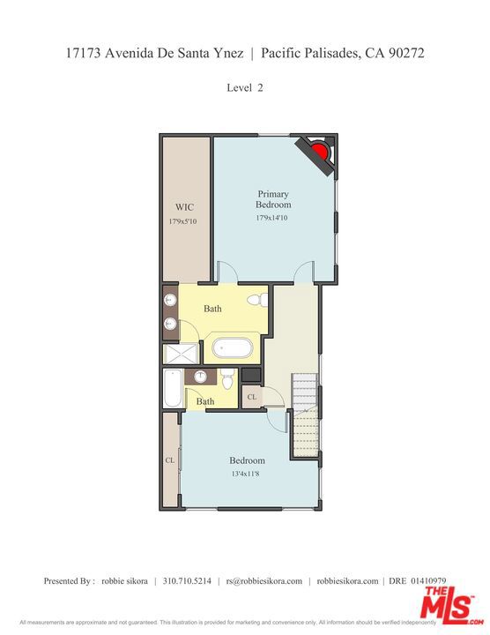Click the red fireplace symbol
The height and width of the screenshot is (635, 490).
pyautogui.click(x=321, y=150)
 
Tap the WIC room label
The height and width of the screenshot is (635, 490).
pyautogui.click(x=184, y=207)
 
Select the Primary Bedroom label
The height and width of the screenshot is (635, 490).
pyautogui.click(x=273, y=199)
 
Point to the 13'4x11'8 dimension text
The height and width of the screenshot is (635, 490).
pyautogui.click(x=245, y=474)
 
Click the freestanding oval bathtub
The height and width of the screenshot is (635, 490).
pyautogui.click(x=233, y=347)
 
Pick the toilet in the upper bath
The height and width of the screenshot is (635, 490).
pyautogui.click(x=257, y=300)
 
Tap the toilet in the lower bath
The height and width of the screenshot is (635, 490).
pyautogui.click(x=227, y=378)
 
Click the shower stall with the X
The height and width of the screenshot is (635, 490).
pyautogui.click(x=181, y=354)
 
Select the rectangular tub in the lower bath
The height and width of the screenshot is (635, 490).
pyautogui.click(x=173, y=388)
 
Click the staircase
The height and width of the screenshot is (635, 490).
pyautogui.click(x=305, y=415)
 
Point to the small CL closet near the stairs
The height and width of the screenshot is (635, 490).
pyautogui.click(x=252, y=397)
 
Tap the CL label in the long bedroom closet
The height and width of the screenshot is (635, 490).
pyautogui.click(x=170, y=460)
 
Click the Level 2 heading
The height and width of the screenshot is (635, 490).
pyautogui.click(x=245, y=88)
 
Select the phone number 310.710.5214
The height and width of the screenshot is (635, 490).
pyautogui.click(x=187, y=581)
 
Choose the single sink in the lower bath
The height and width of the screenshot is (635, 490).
pyautogui.click(x=200, y=377)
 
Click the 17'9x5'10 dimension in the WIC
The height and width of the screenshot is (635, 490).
pyautogui.click(x=183, y=221)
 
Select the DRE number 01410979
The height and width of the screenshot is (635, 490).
pyautogui.click(x=428, y=581)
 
